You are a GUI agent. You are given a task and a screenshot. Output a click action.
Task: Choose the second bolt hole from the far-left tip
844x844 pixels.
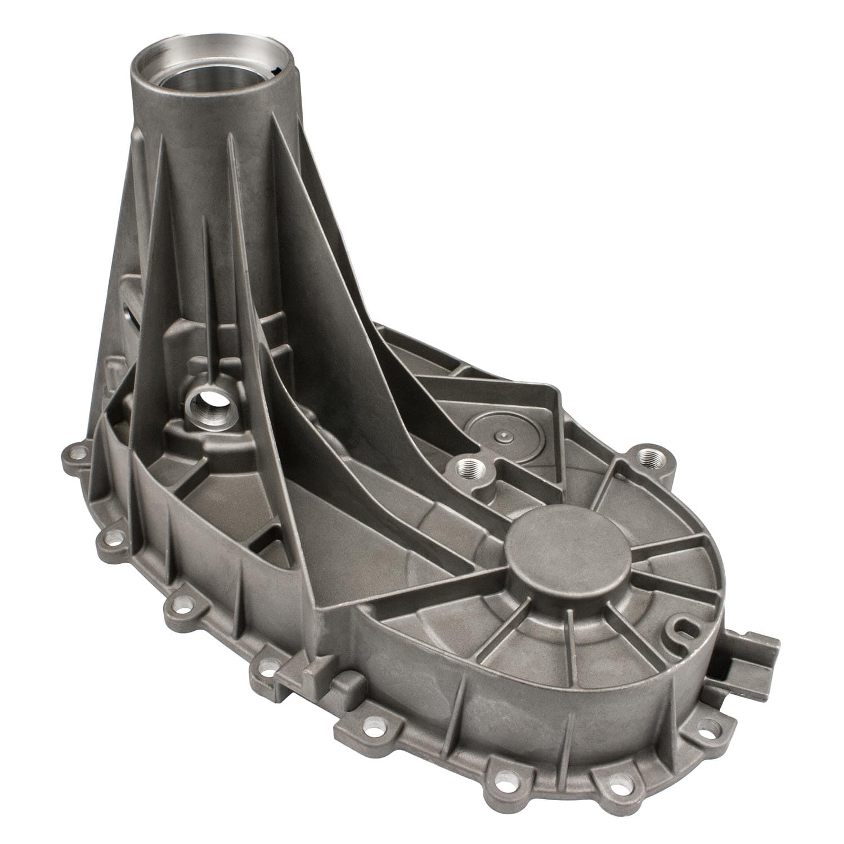pyautogui.click(x=113, y=538)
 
